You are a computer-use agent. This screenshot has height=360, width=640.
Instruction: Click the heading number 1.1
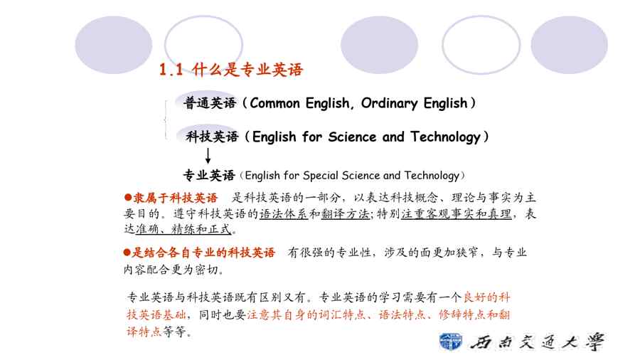coord(171,70)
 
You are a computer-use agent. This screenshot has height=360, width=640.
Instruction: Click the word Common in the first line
coord(274,103)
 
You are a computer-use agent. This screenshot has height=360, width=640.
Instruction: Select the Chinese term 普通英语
coord(210,103)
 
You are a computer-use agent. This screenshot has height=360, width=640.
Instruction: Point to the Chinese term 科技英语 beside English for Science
coord(212,137)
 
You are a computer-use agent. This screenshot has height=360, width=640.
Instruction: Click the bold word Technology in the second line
coord(446,137)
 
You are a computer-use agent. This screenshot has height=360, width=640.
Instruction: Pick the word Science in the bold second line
coord(352,137)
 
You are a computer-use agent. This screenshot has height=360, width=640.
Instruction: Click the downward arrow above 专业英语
coord(208,156)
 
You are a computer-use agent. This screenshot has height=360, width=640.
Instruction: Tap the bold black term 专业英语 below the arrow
coord(209,176)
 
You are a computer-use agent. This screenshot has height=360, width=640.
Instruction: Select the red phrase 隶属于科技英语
coord(176,198)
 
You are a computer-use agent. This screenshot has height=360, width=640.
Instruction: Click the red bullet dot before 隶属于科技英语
coord(128,198)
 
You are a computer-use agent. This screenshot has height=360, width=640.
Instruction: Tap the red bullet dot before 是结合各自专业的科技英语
coord(127,253)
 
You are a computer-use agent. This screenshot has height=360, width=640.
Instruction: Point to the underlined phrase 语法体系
coord(283,214)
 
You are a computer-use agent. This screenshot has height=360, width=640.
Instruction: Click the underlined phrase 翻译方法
coord(345,214)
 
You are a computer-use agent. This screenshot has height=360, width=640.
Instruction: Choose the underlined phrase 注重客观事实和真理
coord(457,214)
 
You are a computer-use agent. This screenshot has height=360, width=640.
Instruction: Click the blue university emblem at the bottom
coord(451,342)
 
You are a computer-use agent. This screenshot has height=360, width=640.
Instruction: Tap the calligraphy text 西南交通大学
coord(537,342)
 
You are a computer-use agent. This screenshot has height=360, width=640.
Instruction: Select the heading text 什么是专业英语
coord(247,70)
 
